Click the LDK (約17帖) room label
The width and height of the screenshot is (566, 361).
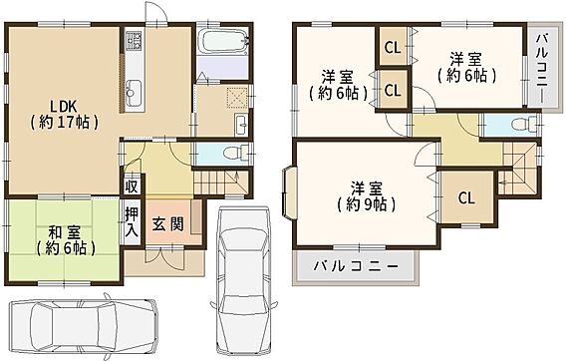64,115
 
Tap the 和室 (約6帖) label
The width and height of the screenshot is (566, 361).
66,240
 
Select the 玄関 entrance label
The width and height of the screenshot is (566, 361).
167,224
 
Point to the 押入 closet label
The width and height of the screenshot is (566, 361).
132,221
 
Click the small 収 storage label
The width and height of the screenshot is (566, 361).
131,186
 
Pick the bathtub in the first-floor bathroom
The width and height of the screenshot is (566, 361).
223,41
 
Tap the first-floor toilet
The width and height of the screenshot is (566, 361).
235,153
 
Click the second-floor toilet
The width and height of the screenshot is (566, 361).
524,124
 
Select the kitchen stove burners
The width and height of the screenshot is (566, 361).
134,41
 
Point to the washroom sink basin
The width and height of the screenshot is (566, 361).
241,125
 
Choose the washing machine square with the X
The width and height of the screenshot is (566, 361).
236,98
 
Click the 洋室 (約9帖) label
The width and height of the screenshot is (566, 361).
367,197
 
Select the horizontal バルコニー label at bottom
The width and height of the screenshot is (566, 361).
356,266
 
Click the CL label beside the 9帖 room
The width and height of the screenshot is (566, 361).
466,198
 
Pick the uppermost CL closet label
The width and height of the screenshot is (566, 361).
393,47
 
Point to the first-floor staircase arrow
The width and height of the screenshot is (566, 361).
236,179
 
